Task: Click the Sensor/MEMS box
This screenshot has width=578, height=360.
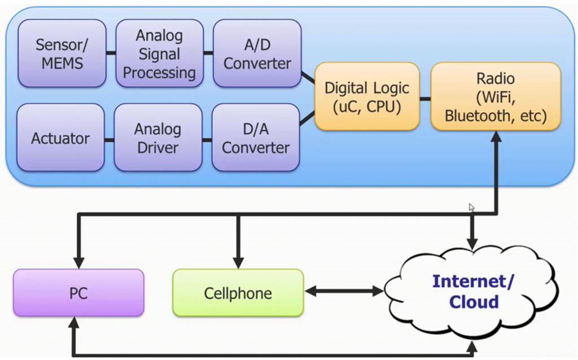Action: pyautogui.click(x=62, y=54)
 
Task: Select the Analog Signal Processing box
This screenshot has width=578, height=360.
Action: pyautogui.click(x=159, y=54)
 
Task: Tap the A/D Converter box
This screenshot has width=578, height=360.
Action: pyautogui.click(x=257, y=54)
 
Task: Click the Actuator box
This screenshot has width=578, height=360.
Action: pyautogui.click(x=60, y=138)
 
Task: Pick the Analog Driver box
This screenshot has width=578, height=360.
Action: pyautogui.click(x=158, y=138)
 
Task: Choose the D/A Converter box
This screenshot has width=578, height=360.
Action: pyautogui.click(x=256, y=138)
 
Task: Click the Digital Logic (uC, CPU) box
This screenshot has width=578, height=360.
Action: pyautogui.click(x=367, y=96)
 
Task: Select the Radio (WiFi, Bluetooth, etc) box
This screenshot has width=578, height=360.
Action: pyautogui.click(x=496, y=96)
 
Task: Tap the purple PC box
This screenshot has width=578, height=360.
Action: pyautogui.click(x=78, y=293)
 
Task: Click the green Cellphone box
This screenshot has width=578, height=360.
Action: pyautogui.click(x=238, y=293)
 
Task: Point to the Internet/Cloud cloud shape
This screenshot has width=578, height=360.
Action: pyautogui.click(x=473, y=291)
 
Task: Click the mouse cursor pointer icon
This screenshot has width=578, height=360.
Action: pyautogui.click(x=471, y=207)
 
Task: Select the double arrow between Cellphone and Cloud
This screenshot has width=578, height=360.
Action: pyautogui.click(x=344, y=292)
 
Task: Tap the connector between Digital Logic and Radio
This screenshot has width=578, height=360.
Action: pyautogui.click(x=425, y=98)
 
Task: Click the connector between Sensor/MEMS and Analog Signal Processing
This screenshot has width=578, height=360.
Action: pyautogui.click(x=111, y=54)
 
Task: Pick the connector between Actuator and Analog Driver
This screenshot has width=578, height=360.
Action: pyautogui.click(x=110, y=138)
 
